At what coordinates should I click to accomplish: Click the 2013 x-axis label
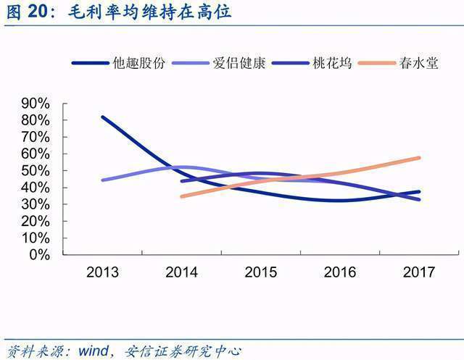[103, 272]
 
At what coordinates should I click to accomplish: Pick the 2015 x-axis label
[261, 272]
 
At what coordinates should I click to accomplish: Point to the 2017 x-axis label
[418, 272]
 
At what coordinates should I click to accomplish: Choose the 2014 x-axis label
[182, 272]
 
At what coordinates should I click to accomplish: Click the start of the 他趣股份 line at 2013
[103, 117]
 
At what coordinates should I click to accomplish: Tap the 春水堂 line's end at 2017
[419, 158]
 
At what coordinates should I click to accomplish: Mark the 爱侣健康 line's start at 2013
[103, 180]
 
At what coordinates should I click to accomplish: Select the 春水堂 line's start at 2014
[182, 196]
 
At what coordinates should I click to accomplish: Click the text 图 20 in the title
[27, 12]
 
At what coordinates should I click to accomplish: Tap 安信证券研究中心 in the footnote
[183, 351]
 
